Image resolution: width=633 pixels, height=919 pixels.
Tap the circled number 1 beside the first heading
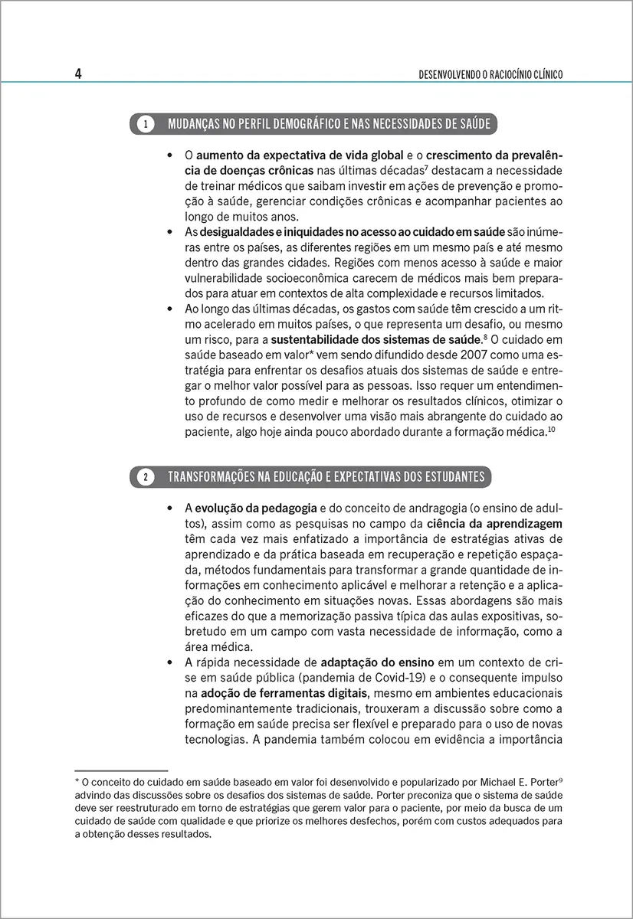[x=145, y=123]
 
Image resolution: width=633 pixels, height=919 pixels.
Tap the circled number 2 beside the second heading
[x=145, y=477]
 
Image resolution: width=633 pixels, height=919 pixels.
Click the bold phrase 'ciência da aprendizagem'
[x=495, y=524]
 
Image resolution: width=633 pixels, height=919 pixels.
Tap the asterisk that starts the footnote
[x=77, y=781]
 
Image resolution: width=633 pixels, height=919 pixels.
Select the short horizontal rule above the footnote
[x=120, y=770]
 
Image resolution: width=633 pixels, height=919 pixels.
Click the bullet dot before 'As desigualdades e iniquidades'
[x=169, y=231]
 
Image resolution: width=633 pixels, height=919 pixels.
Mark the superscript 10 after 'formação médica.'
[x=551, y=430]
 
